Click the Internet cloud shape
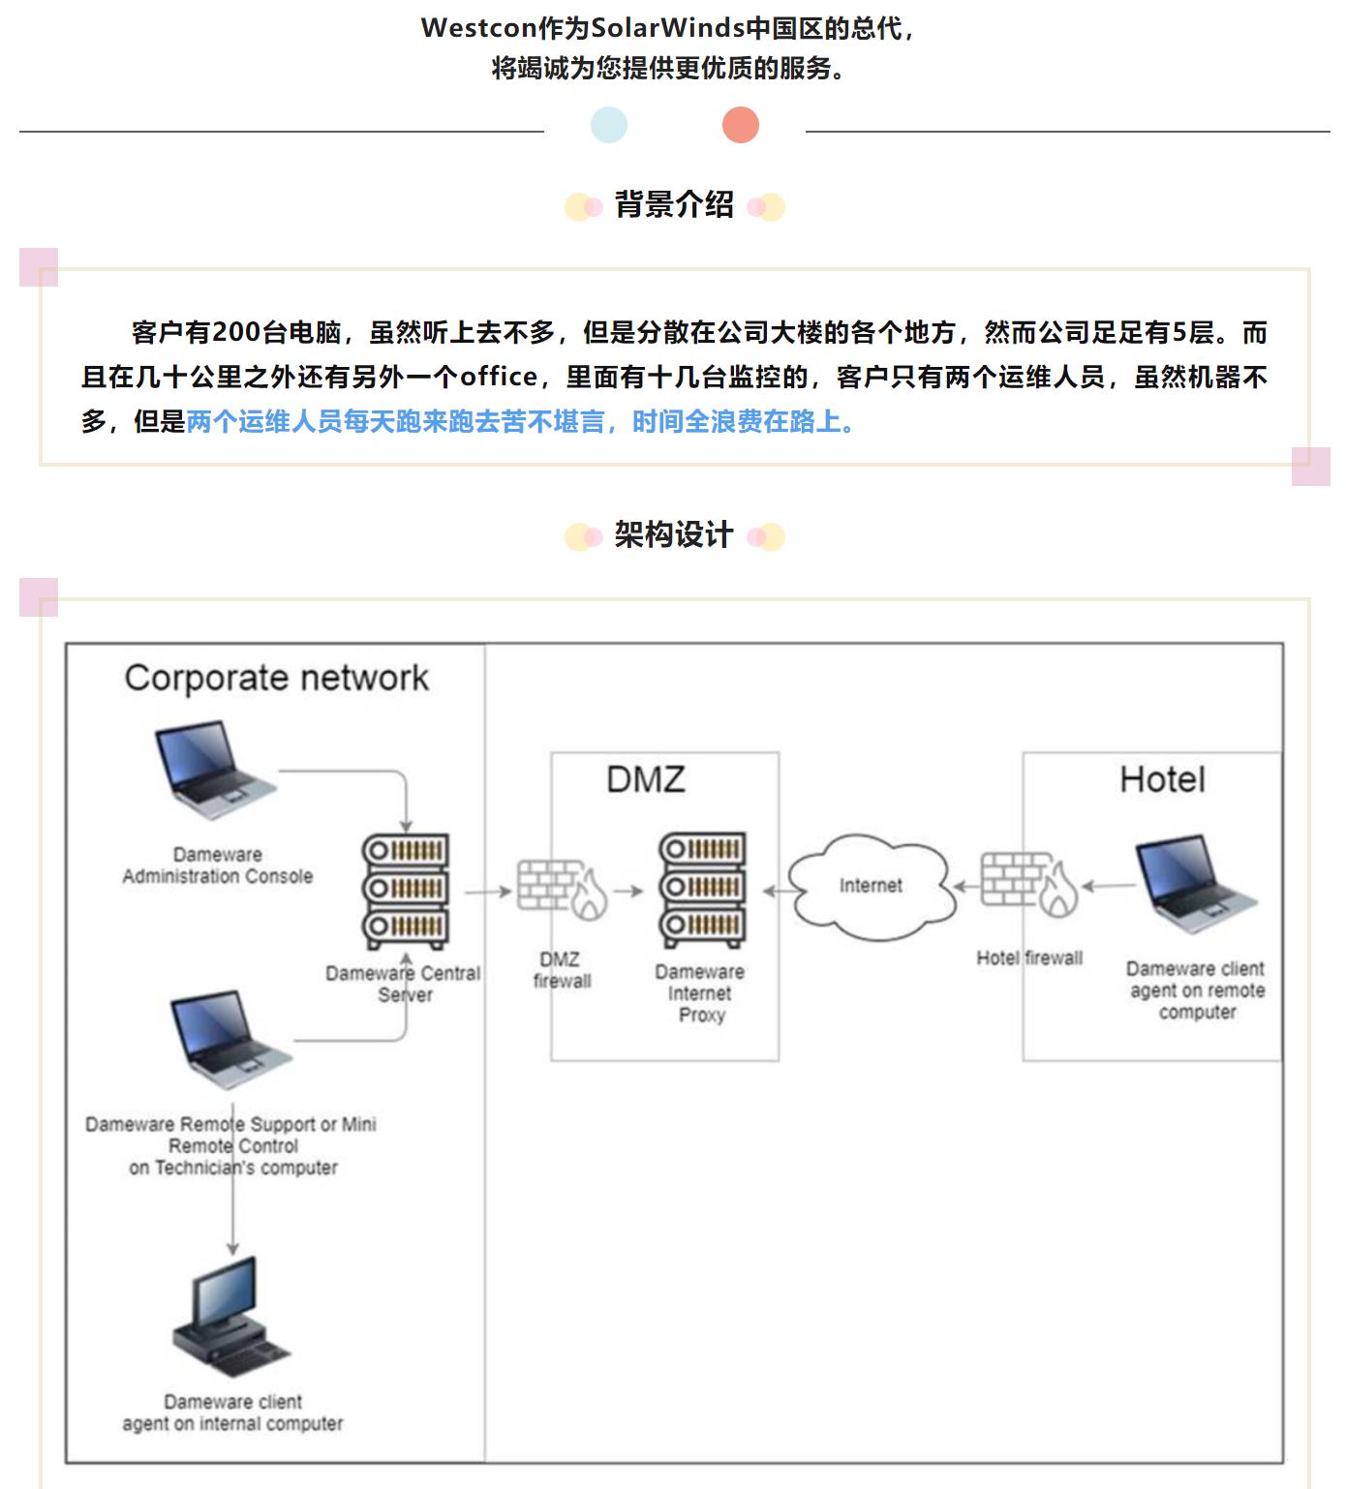coord(871,886)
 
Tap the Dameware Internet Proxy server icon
coord(702,889)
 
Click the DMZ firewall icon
coord(562,889)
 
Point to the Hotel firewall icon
coord(1029,883)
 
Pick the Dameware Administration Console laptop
coord(216,771)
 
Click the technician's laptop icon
coord(231,1041)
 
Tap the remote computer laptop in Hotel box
coord(1197,887)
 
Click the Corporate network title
coord(277,678)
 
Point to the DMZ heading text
coord(646,779)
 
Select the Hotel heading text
coord(1162,779)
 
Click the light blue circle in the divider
coord(609,125)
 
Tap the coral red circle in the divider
coord(741,125)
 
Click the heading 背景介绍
coord(674,205)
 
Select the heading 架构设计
coord(674,535)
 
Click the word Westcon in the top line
coord(478,28)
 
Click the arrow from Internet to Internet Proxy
coord(776,891)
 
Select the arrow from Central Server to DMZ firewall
coord(488,891)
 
